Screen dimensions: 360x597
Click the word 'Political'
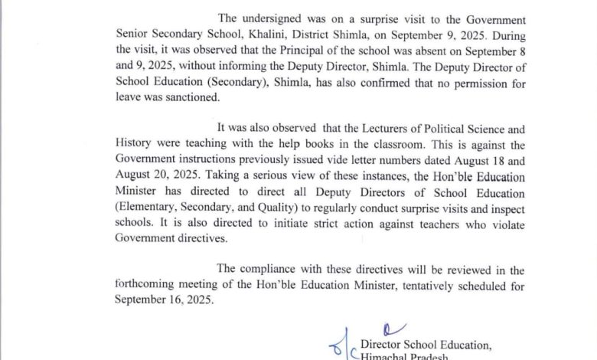pyautogui.click(x=439, y=128)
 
